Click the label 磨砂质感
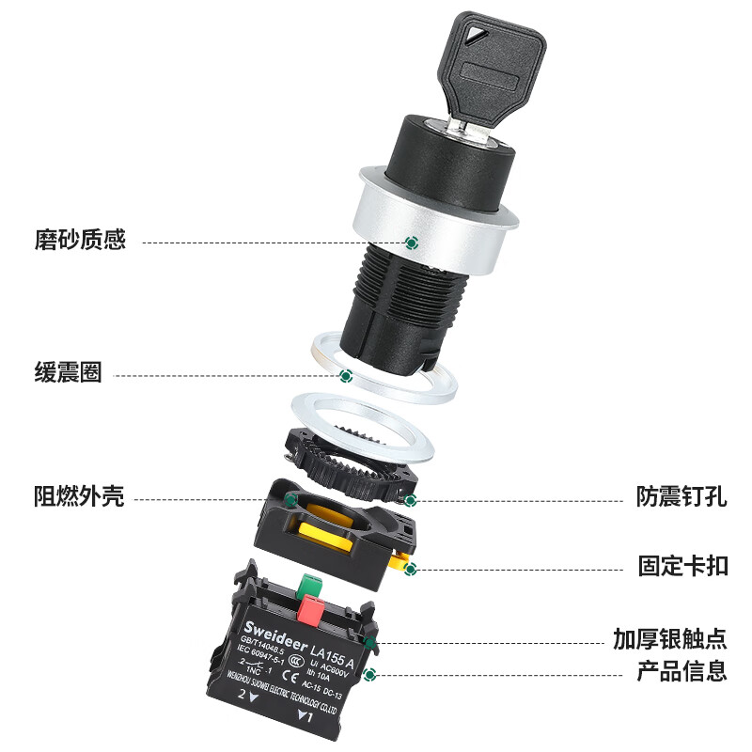(x=80, y=241)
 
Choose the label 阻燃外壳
(x=80, y=496)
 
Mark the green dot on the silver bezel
(x=411, y=243)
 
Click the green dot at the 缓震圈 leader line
(x=345, y=376)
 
